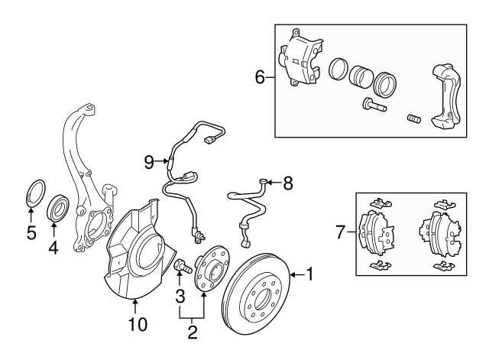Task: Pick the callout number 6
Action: click(260, 77)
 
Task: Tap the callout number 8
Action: click(288, 183)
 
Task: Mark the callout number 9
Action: click(150, 161)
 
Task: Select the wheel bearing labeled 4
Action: click(58, 207)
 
